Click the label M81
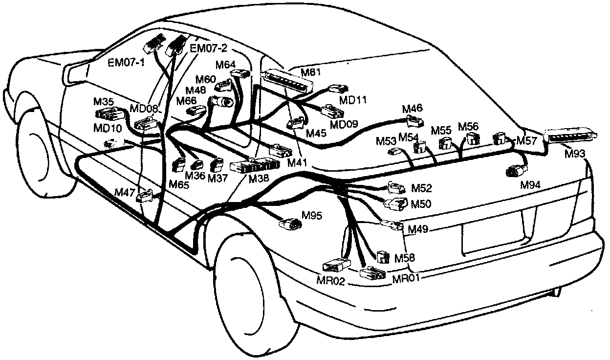(x=310, y=73)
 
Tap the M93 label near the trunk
(x=575, y=154)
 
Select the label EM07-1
(x=123, y=63)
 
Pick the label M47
(x=125, y=192)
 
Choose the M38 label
(x=259, y=179)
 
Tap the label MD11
(x=353, y=100)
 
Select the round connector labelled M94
(x=516, y=171)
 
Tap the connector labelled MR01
(x=372, y=273)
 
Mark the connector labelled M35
(x=108, y=115)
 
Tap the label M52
(x=421, y=188)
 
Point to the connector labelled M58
(x=382, y=256)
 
